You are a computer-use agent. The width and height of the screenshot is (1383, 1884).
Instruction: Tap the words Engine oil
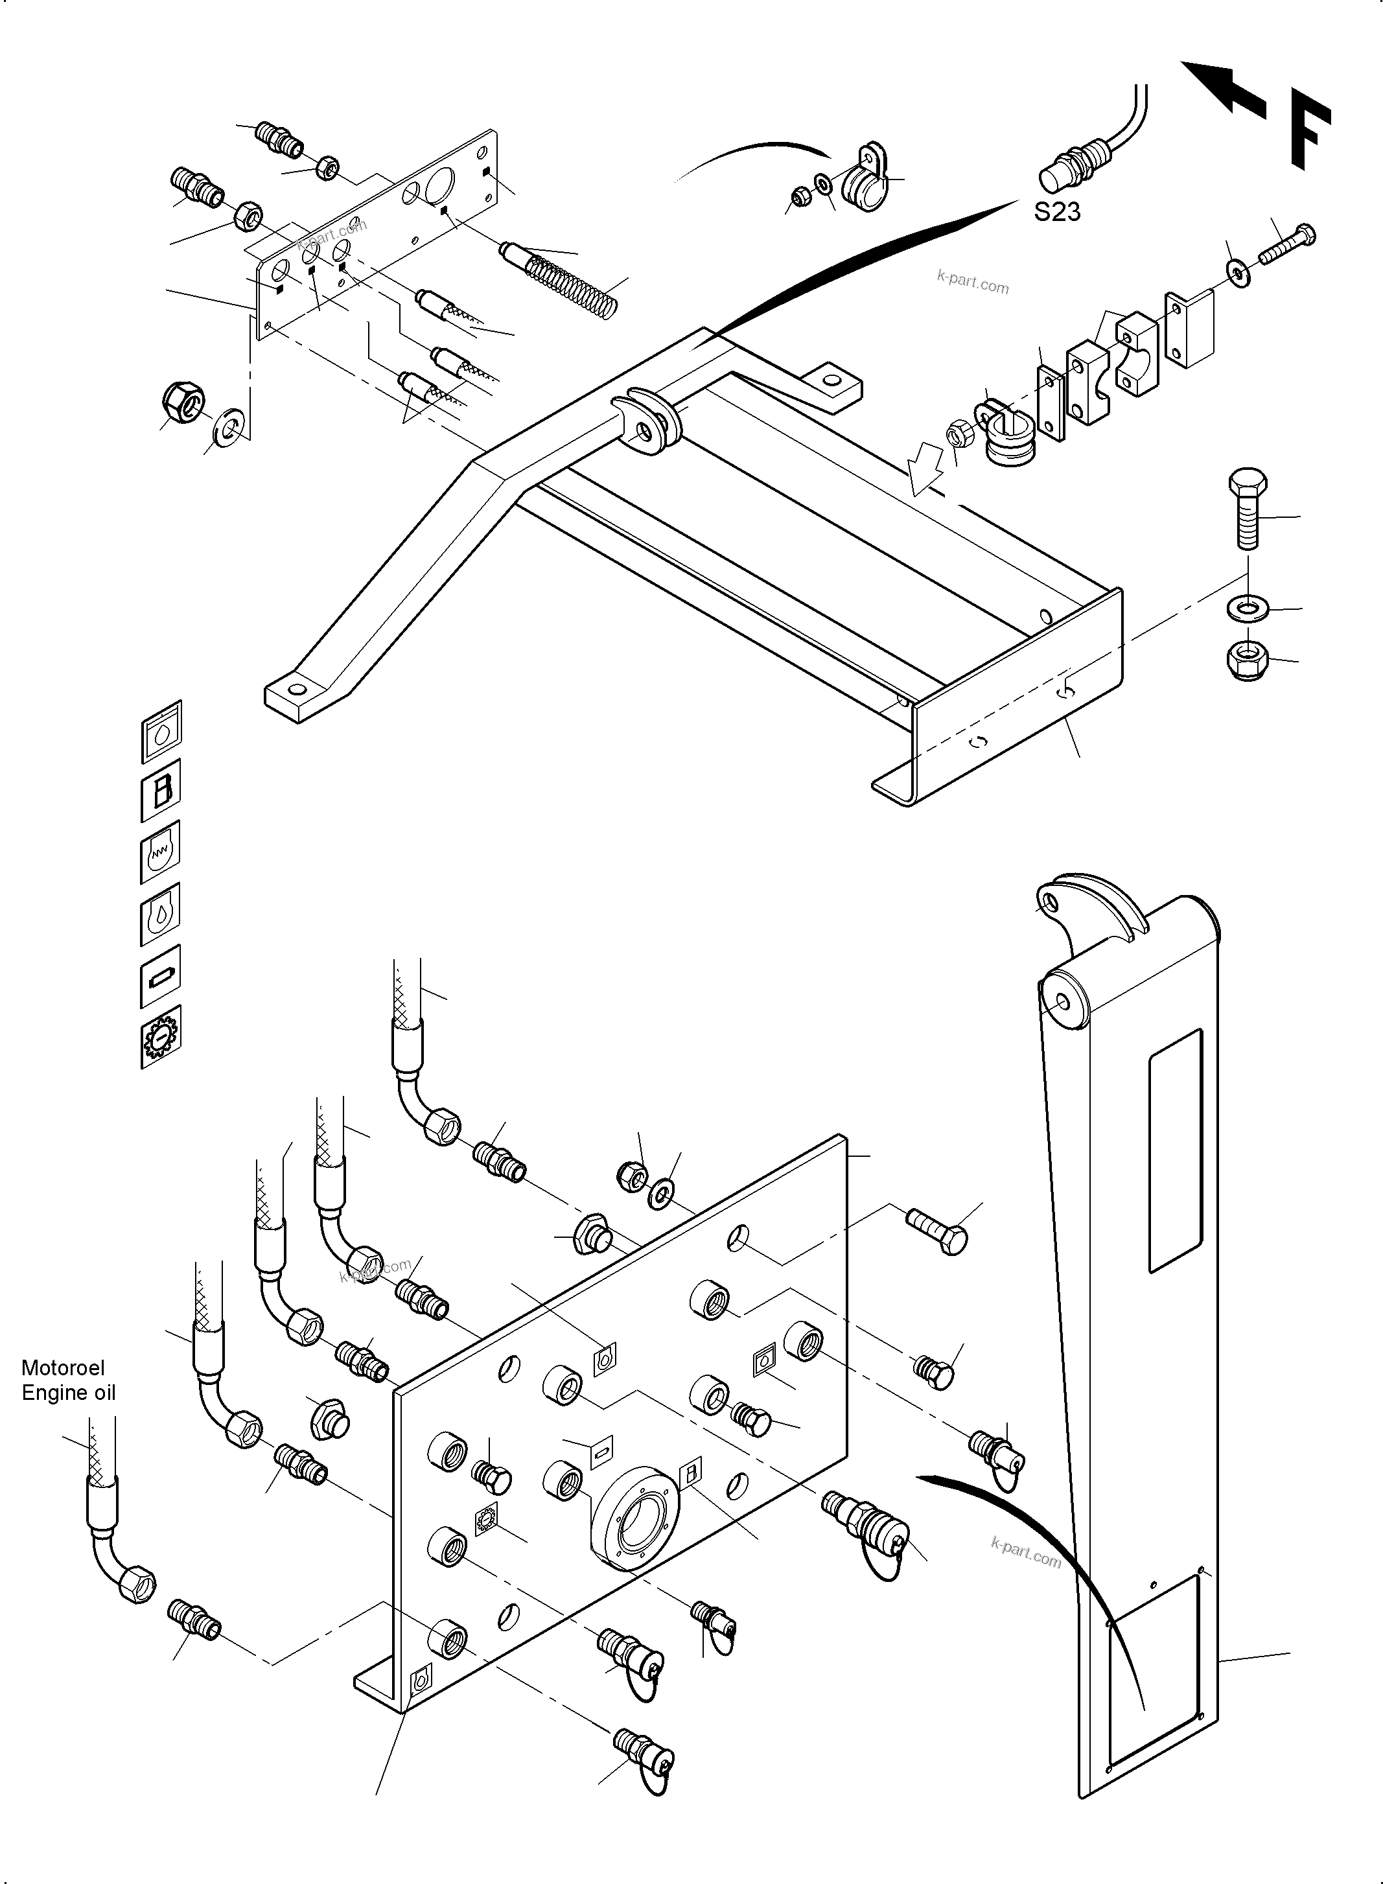pyautogui.click(x=68, y=1393)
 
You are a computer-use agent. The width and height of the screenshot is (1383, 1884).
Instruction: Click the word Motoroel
pyautogui.click(x=63, y=1367)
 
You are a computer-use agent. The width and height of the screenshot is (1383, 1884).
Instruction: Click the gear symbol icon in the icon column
pyautogui.click(x=160, y=1038)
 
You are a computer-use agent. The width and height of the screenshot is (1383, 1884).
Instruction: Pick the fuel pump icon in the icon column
pyautogui.click(x=161, y=789)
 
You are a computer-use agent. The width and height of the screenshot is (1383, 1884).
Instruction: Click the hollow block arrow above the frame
pyautogui.click(x=927, y=471)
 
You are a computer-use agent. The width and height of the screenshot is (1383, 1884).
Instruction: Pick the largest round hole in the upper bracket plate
pyautogui.click(x=439, y=184)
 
